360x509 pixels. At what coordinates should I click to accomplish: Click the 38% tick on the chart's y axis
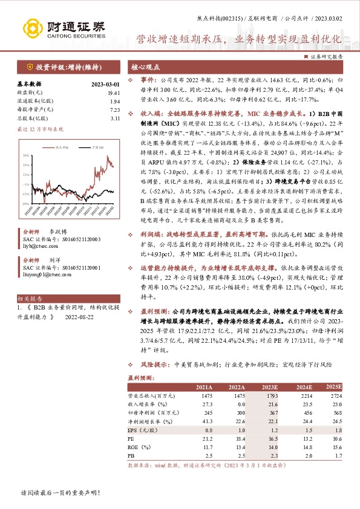[x=24, y=155]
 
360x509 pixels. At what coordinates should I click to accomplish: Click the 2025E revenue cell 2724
[x=334, y=395]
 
